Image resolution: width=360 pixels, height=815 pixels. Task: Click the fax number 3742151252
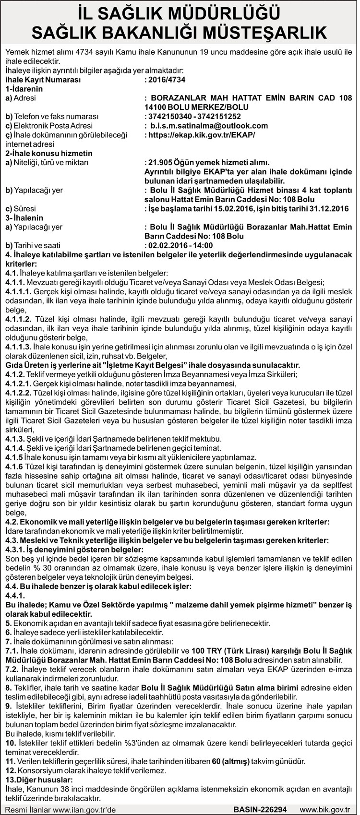[x=220, y=117]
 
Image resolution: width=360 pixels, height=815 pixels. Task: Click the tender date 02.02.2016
[x=168, y=245]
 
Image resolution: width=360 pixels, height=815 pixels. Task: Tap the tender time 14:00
[x=203, y=245]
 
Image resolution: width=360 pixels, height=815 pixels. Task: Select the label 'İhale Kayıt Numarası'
[x=43, y=80]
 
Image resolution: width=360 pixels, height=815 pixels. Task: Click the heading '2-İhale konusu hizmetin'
[x=48, y=154]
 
